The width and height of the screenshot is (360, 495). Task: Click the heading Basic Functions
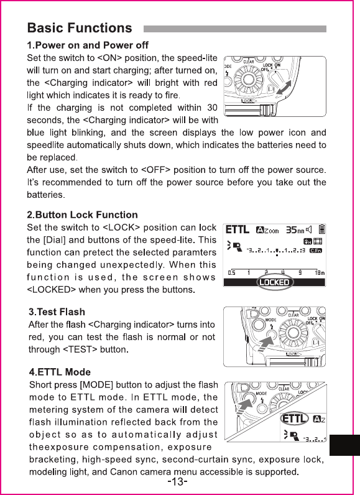(x=80, y=28)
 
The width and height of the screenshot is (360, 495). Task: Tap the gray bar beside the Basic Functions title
(x=235, y=29)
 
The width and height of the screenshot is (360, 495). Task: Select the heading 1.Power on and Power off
(x=88, y=45)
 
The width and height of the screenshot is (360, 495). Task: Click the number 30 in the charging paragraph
(x=212, y=108)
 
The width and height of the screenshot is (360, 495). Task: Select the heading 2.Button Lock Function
(x=82, y=215)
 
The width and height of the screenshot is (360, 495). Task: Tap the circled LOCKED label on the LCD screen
(x=274, y=282)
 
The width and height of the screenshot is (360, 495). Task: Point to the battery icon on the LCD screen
(x=321, y=229)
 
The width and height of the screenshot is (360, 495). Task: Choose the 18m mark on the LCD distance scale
(x=320, y=273)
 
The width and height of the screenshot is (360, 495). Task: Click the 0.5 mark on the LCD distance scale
(x=231, y=273)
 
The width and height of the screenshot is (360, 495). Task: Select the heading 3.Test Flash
(x=57, y=312)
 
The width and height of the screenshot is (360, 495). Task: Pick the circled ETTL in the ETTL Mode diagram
(x=294, y=419)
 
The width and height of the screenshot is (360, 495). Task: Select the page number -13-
(x=177, y=482)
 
